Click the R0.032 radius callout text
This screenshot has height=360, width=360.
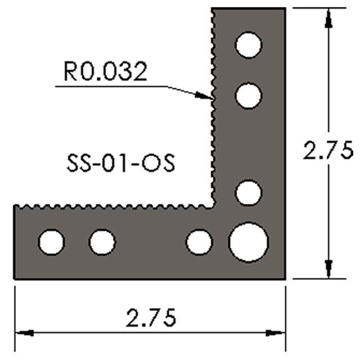coord(106,72)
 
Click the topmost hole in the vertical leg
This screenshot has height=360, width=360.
coord(248,45)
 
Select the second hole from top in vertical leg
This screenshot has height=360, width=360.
coord(248,95)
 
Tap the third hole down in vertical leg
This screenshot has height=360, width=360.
coord(248,193)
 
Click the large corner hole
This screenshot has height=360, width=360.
coord(248,242)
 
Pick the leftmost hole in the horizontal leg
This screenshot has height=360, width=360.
coord(52,242)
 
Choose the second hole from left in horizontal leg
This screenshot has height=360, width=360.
coord(102,242)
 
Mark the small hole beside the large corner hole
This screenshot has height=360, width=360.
coord(199,242)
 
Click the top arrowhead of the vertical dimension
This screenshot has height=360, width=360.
coord(328,13)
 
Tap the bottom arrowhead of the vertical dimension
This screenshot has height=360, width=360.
coord(328,272)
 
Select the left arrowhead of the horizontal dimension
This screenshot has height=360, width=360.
coord(20,332)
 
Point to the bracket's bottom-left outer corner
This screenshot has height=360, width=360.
coord(13,278)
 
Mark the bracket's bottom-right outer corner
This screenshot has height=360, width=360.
coord(286,278)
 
